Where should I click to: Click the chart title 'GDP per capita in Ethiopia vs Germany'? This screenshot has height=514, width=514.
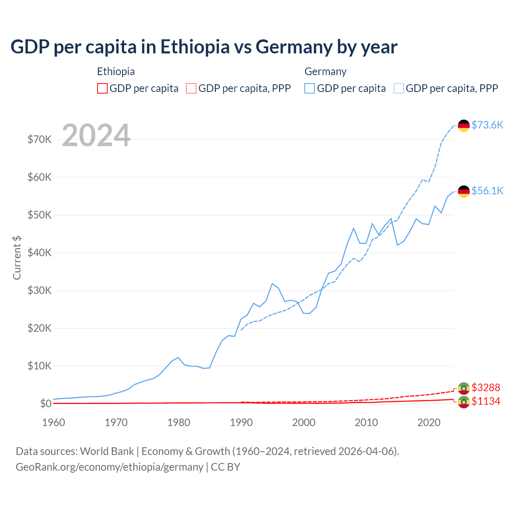(x=204, y=47)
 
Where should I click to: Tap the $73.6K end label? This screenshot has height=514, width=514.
(x=487, y=125)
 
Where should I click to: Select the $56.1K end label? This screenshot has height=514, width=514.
(x=487, y=191)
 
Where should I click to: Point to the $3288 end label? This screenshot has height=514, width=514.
(x=485, y=388)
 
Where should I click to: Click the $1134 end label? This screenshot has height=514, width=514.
(x=485, y=401)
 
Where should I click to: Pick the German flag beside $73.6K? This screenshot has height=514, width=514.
(x=464, y=126)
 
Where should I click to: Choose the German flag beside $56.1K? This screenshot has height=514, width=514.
(x=464, y=192)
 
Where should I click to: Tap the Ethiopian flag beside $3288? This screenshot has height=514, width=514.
(x=464, y=388)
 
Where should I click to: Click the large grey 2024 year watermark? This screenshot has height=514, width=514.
(x=96, y=136)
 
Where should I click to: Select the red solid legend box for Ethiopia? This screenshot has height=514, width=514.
(x=102, y=88)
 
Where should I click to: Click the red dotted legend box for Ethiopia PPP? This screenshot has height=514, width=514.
(x=191, y=88)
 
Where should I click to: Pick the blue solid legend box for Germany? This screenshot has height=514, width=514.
(x=310, y=88)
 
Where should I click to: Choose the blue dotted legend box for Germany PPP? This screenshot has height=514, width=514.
(x=399, y=88)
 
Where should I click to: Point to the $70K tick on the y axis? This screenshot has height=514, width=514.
(x=39, y=139)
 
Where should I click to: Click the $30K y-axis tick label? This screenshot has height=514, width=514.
(x=39, y=290)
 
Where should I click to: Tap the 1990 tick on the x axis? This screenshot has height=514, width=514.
(x=241, y=422)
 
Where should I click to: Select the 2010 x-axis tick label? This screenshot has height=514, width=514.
(x=366, y=422)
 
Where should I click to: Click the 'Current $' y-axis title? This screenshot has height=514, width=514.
(x=17, y=258)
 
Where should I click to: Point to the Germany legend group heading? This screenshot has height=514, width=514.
(x=325, y=71)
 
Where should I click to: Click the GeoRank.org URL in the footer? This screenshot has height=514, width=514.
(x=109, y=467)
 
